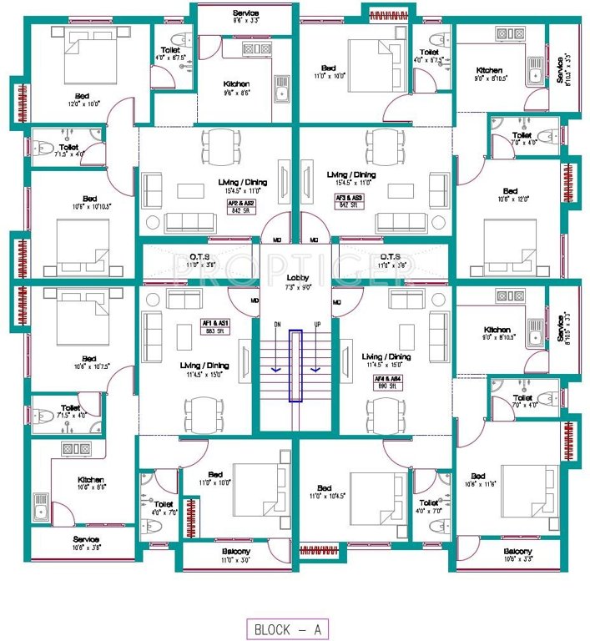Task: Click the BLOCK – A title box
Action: (287, 628)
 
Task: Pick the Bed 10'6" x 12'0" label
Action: (509, 194)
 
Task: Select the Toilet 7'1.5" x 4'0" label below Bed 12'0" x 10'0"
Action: (65, 150)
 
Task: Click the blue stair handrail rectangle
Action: (295, 366)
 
